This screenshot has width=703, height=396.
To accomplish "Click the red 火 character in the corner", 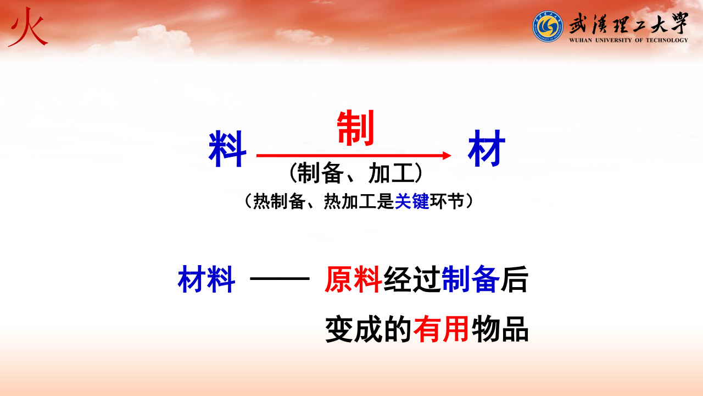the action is coord(28,28).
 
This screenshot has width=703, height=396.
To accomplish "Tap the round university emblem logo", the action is coord(548,26).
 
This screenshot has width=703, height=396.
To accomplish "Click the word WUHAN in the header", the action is coord(581,40).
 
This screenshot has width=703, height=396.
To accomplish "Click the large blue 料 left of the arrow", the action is coord(227,148).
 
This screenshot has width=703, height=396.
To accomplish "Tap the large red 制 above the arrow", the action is coord(355,128).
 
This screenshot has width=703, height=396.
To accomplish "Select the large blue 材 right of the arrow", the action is coord(487,148).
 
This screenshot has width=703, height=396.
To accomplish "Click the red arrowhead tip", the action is coord(451,155).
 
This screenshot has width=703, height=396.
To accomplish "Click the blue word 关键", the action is coord(412,201).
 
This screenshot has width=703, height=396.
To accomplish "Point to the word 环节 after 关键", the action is coord(447,201).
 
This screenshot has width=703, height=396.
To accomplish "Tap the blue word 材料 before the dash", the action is coord(207,279).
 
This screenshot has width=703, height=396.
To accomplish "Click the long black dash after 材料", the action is coord(280,278).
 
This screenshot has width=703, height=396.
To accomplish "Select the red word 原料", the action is coord(353,279).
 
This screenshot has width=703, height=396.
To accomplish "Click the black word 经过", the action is coord(412,279).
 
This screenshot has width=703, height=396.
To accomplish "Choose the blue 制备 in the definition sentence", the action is coord(471,279).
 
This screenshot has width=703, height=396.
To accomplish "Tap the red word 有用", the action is coord(441,329).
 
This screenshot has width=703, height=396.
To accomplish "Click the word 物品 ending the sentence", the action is coord(500,329).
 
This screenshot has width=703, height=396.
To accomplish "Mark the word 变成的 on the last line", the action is coord(368,329).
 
